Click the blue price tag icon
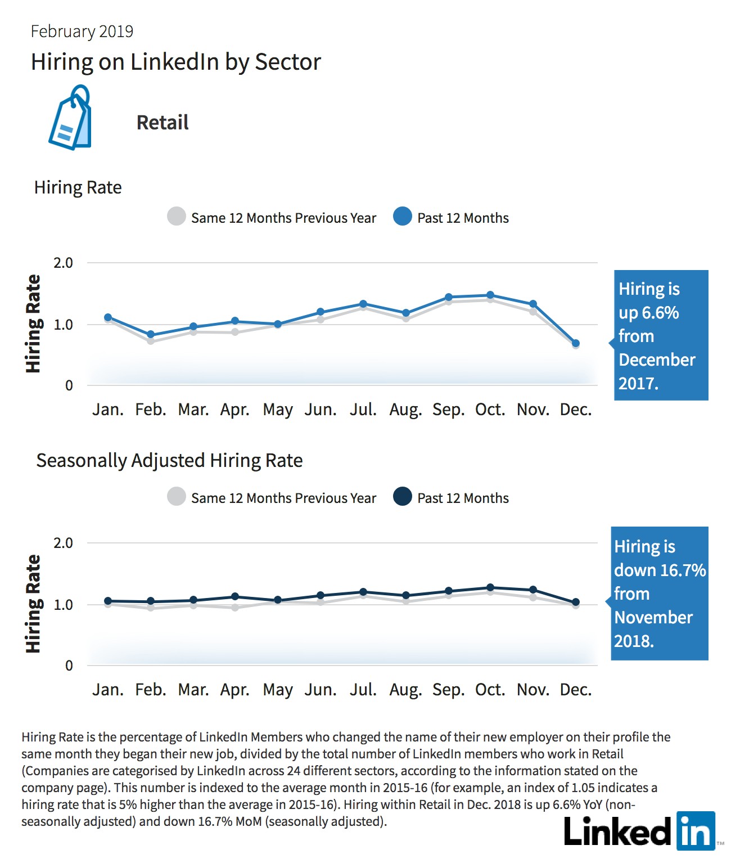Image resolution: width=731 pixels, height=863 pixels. click(70, 118)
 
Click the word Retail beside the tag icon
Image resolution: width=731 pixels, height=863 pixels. click(163, 123)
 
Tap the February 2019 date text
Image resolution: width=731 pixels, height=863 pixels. click(82, 32)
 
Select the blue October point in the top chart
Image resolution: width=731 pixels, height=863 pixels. click(490, 295)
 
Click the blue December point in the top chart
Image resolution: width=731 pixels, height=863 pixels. click(575, 343)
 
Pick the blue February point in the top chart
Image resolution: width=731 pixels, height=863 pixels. click(151, 334)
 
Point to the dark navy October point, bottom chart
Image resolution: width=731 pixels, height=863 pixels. click(490, 587)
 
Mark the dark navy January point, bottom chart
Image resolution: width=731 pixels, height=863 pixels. click(108, 601)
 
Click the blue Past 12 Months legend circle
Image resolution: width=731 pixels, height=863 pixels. click(403, 216)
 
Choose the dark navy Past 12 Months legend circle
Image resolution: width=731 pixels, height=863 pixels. click(403, 496)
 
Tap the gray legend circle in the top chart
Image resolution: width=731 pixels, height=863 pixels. click(177, 216)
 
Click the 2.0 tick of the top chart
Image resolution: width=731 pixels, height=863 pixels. click(63, 263)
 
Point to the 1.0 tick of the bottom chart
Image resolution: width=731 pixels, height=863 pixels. click(63, 605)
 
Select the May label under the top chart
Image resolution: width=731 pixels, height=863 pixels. click(277, 410)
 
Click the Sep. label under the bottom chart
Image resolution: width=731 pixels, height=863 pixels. click(448, 690)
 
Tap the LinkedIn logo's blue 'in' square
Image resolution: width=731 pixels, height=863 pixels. click(696, 831)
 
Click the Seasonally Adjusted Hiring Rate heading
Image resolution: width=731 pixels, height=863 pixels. click(169, 461)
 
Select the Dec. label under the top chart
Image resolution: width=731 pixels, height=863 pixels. click(575, 410)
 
